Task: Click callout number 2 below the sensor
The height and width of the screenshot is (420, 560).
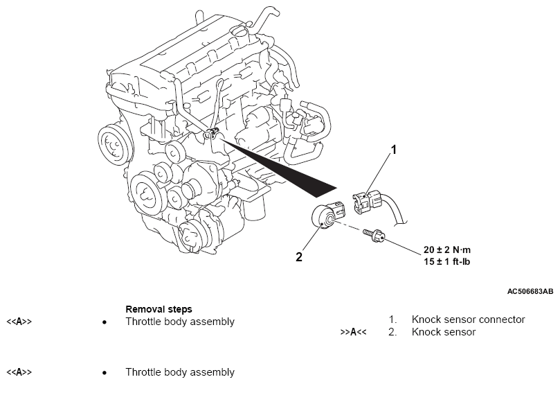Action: point(299,256)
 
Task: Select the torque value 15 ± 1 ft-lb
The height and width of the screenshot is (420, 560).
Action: point(448,262)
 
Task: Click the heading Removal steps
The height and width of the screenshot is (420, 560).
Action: point(159,309)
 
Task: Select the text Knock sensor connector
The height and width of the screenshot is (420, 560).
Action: point(468,320)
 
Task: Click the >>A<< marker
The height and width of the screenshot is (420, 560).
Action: point(353,332)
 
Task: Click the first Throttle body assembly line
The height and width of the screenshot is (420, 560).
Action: point(180,322)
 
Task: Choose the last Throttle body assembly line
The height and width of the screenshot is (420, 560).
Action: point(180,372)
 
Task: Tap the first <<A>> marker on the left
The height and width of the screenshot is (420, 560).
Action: point(19,322)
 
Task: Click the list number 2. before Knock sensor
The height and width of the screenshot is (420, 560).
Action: point(392,332)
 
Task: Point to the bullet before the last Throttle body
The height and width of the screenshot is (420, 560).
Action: point(104,373)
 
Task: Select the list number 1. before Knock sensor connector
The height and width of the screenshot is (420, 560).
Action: point(392,320)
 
